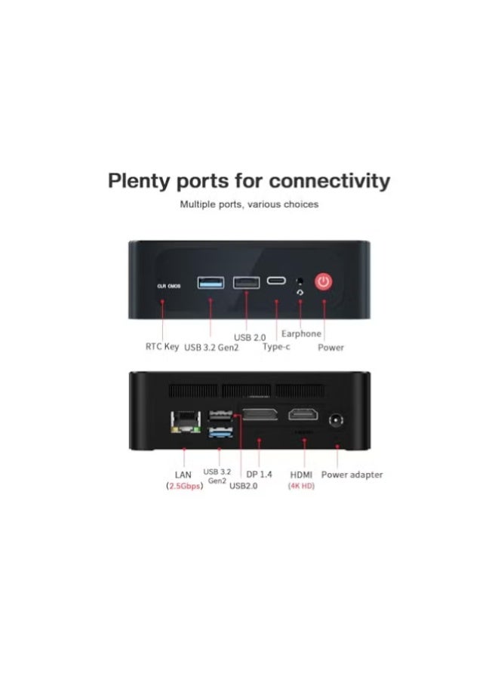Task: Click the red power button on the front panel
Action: click(324, 282)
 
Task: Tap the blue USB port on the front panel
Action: click(211, 282)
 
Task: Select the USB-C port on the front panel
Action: click(276, 280)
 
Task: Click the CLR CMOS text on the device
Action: click(169, 286)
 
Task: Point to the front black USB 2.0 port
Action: click(247, 282)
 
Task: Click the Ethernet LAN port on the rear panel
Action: click(186, 422)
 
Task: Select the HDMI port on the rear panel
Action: click(303, 414)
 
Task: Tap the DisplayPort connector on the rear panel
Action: click(260, 414)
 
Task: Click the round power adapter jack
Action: click(336, 420)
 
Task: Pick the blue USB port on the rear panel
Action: click(220, 432)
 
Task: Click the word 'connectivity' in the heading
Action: click(330, 180)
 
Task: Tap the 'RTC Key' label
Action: click(162, 346)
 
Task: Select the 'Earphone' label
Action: click(301, 334)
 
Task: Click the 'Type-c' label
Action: click(276, 346)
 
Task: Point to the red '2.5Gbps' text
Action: click(184, 486)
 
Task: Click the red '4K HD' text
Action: click(301, 486)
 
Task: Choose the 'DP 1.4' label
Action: click(259, 475)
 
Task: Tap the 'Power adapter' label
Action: click(352, 475)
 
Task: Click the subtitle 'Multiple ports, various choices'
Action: click(249, 204)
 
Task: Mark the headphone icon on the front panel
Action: click(300, 293)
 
